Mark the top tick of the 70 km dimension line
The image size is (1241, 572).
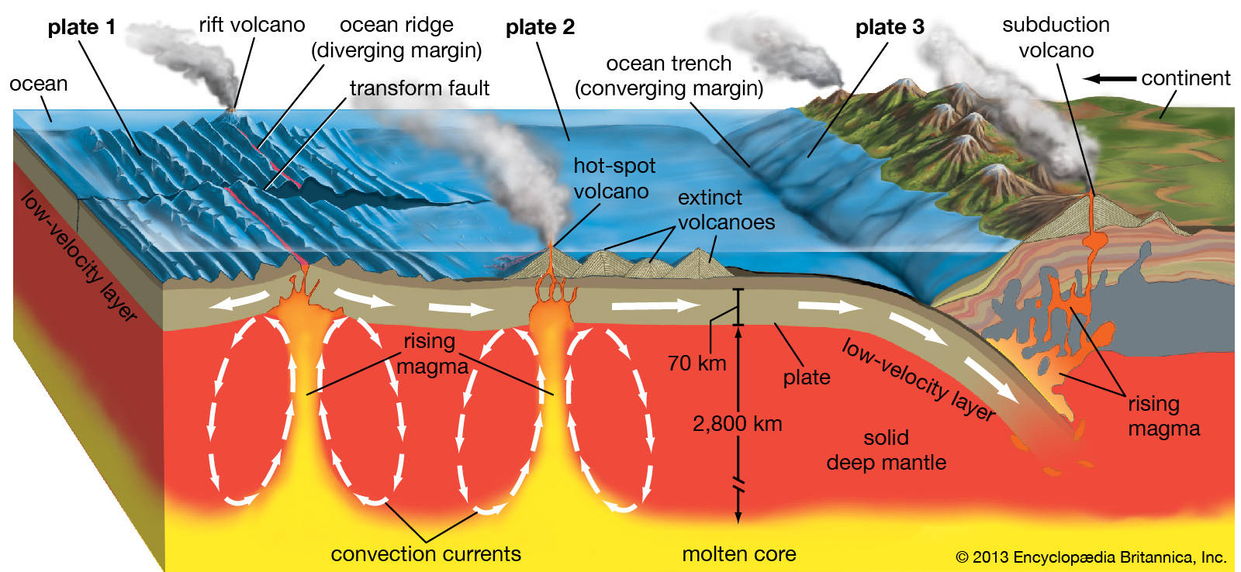point(738,290)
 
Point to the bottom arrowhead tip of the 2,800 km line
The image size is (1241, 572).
point(738,522)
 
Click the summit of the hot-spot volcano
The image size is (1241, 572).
point(550,243)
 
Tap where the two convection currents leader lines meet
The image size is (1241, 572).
point(426,541)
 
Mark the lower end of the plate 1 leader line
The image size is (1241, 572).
point(140,154)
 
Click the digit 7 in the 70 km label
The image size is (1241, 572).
point(674,364)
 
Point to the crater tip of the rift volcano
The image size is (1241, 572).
point(232,109)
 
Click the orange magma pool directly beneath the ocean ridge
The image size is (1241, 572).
point(307,310)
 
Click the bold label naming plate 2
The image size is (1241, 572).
point(540,27)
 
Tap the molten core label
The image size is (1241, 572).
point(739,553)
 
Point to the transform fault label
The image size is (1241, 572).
point(420,88)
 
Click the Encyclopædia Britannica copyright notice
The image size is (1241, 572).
point(1091,557)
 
